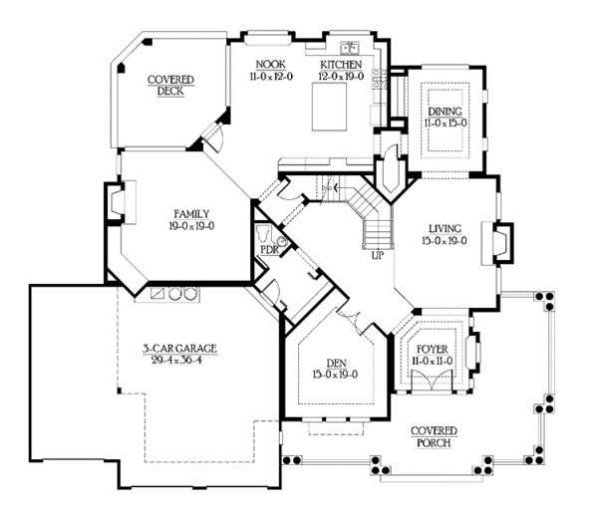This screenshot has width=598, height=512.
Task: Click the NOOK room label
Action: tap(270, 64)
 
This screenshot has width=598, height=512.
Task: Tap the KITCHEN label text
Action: tap(341, 64)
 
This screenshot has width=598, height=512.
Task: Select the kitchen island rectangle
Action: tap(330, 108)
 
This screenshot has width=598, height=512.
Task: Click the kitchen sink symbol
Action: tap(350, 48)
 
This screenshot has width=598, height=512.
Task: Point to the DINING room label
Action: tap(446, 112)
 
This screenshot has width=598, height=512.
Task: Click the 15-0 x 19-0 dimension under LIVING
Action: tap(445, 241)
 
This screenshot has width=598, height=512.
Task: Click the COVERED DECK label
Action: tap(170, 86)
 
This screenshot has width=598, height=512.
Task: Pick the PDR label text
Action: tap(270, 250)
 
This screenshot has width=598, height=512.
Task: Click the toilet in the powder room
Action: tap(263, 233)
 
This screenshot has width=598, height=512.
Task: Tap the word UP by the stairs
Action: tap(378, 255)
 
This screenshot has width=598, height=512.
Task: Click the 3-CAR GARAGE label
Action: tap(179, 349)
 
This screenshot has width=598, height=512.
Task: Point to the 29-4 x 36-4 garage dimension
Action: tap(176, 360)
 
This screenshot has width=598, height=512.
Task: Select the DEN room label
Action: tap(337, 363)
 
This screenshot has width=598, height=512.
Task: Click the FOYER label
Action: tap(433, 350)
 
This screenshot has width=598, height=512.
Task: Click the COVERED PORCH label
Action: tap(434, 437)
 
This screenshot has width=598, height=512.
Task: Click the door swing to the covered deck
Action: tap(215, 137)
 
